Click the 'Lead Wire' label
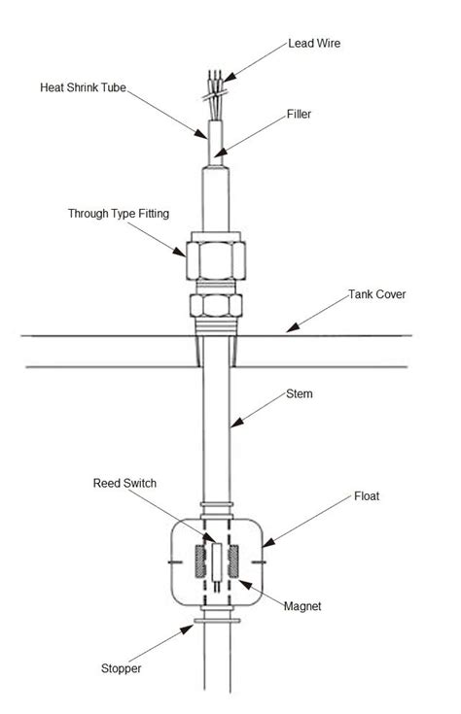(315, 43)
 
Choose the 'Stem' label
(301, 394)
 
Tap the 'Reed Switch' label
(124, 483)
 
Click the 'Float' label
(368, 496)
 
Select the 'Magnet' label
(302, 606)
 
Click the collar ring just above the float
(217, 507)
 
